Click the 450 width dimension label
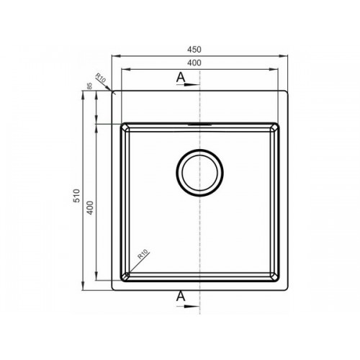click(x=194, y=50)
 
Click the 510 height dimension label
click(x=76, y=196)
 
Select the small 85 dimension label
click(x=89, y=86)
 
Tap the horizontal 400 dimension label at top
click(x=194, y=63)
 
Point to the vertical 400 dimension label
click(x=89, y=208)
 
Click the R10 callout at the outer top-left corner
click(x=101, y=78)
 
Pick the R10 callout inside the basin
click(x=143, y=254)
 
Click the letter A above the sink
click(x=181, y=77)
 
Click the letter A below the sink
click(x=181, y=296)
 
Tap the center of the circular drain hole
click(x=200, y=173)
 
